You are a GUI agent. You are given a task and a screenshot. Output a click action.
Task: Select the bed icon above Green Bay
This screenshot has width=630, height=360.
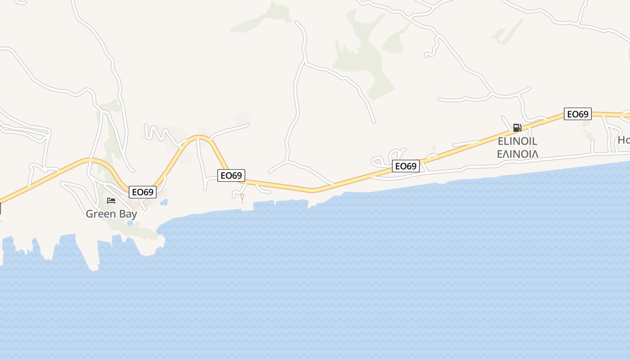111,200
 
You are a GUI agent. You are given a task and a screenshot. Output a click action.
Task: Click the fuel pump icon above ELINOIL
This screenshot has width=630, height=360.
517,128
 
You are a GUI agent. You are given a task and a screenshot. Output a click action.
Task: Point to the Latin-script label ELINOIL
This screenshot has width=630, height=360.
517,141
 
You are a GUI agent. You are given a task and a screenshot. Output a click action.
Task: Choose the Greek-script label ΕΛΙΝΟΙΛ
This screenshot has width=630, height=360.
517,154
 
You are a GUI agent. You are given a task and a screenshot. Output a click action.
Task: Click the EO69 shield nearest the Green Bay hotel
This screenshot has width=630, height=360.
142,192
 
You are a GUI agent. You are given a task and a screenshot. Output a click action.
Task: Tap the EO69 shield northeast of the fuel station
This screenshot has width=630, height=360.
577,114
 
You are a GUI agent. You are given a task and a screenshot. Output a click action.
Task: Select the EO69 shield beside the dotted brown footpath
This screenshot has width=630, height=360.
231,175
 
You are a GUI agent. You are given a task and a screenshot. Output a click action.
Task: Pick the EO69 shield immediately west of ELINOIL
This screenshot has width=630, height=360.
405,166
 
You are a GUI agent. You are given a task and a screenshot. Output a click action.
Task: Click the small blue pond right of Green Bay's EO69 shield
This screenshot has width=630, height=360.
164,202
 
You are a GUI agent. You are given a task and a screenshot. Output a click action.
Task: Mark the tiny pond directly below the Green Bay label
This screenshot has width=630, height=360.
130,223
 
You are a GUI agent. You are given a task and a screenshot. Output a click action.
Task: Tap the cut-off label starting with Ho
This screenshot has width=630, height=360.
624,140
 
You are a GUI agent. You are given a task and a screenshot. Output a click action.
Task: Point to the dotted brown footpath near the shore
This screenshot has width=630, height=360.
243,198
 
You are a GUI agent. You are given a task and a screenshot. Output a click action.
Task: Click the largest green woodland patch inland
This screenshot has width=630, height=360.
360,58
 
